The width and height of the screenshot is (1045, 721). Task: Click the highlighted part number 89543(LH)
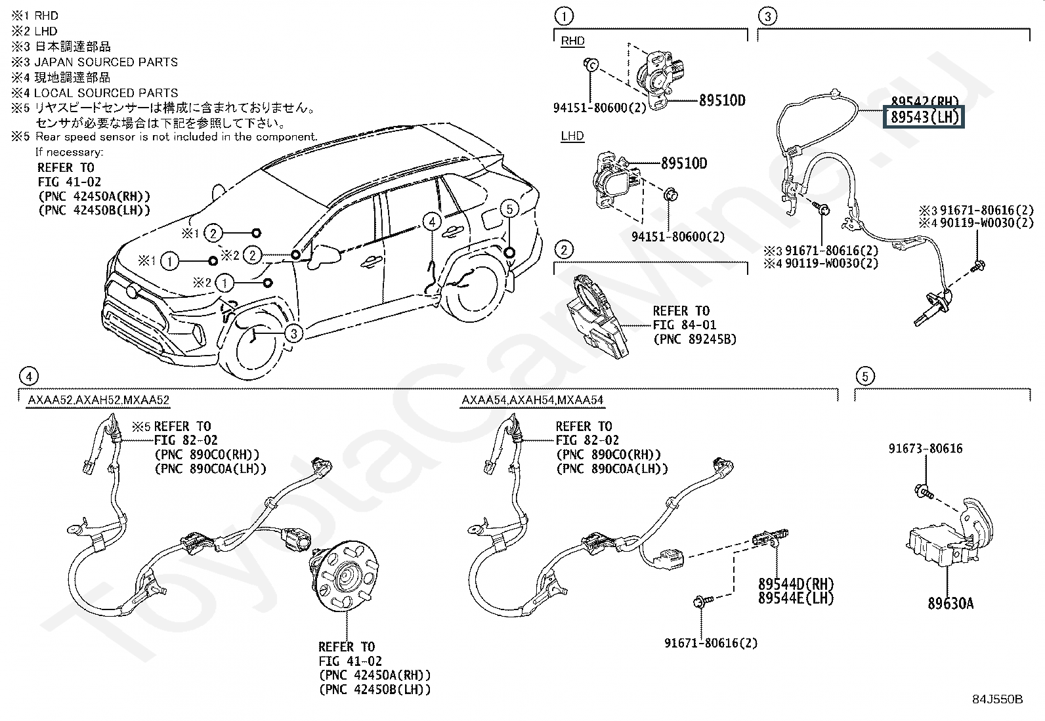924,118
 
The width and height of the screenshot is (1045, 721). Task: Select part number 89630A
950,603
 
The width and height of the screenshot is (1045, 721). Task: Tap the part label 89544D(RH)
796,583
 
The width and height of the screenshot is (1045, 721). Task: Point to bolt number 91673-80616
926,449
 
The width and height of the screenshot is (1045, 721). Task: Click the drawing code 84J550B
998,699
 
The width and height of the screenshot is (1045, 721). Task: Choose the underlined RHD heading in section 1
572,41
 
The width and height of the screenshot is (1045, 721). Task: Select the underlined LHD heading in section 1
572,136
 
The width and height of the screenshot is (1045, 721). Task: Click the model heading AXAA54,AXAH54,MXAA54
532,400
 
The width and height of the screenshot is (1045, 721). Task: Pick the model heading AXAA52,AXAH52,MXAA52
98,400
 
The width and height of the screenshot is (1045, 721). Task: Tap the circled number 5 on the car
509,209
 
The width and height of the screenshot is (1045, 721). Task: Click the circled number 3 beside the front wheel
294,334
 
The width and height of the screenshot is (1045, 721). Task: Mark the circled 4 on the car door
431,222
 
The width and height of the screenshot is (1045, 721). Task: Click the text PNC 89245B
694,339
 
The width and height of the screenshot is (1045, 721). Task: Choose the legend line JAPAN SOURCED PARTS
106,62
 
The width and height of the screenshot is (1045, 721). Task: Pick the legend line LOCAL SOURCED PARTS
106,93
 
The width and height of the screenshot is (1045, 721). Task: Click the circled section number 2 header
563,249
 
